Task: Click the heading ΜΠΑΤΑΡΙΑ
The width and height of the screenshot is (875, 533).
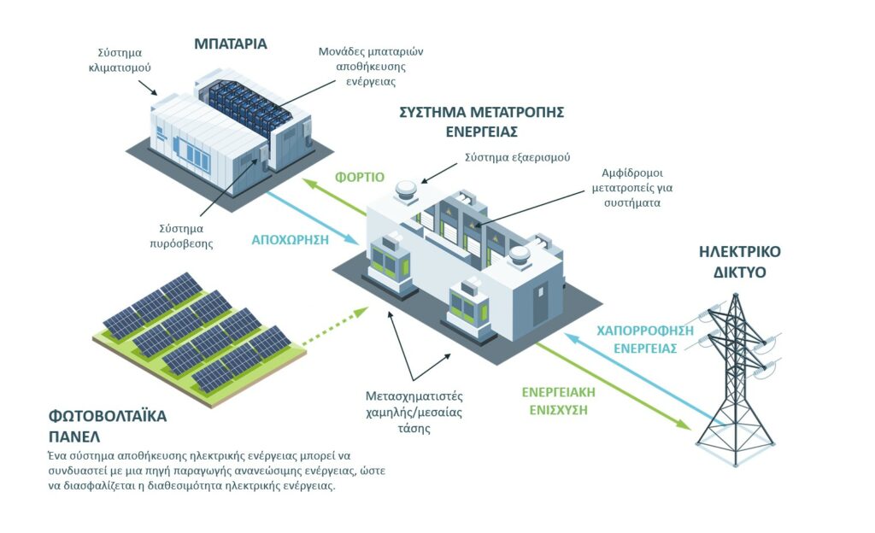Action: (x=231, y=44)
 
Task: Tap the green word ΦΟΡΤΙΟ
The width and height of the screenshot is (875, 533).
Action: (x=360, y=178)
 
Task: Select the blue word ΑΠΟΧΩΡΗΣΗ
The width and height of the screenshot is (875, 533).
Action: (x=291, y=240)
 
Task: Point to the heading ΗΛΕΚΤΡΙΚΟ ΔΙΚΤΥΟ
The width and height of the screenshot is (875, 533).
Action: (x=739, y=261)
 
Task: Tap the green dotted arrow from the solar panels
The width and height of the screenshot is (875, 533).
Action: (x=335, y=326)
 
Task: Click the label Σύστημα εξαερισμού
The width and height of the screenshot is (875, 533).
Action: (x=517, y=157)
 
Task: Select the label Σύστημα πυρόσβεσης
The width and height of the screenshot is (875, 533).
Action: (x=181, y=236)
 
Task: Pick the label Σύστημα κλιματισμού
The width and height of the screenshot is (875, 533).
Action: (x=120, y=60)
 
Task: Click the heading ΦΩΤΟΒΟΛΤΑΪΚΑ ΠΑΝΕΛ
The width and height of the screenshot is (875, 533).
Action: (x=108, y=425)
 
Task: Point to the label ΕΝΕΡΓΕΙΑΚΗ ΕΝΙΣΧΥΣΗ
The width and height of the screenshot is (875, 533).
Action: (x=559, y=401)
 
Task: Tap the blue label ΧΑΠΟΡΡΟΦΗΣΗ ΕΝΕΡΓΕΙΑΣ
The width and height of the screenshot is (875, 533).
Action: (x=645, y=339)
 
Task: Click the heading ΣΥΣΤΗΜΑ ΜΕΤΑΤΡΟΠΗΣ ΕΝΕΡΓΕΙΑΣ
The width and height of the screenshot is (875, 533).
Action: (x=482, y=121)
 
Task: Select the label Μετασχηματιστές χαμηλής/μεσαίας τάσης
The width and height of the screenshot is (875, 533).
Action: (x=414, y=412)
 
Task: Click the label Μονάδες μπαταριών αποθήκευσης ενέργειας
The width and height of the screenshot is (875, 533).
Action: (x=371, y=67)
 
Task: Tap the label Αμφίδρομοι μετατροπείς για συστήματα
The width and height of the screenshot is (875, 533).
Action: (x=632, y=188)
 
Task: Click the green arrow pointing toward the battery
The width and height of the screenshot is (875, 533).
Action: (x=335, y=197)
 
